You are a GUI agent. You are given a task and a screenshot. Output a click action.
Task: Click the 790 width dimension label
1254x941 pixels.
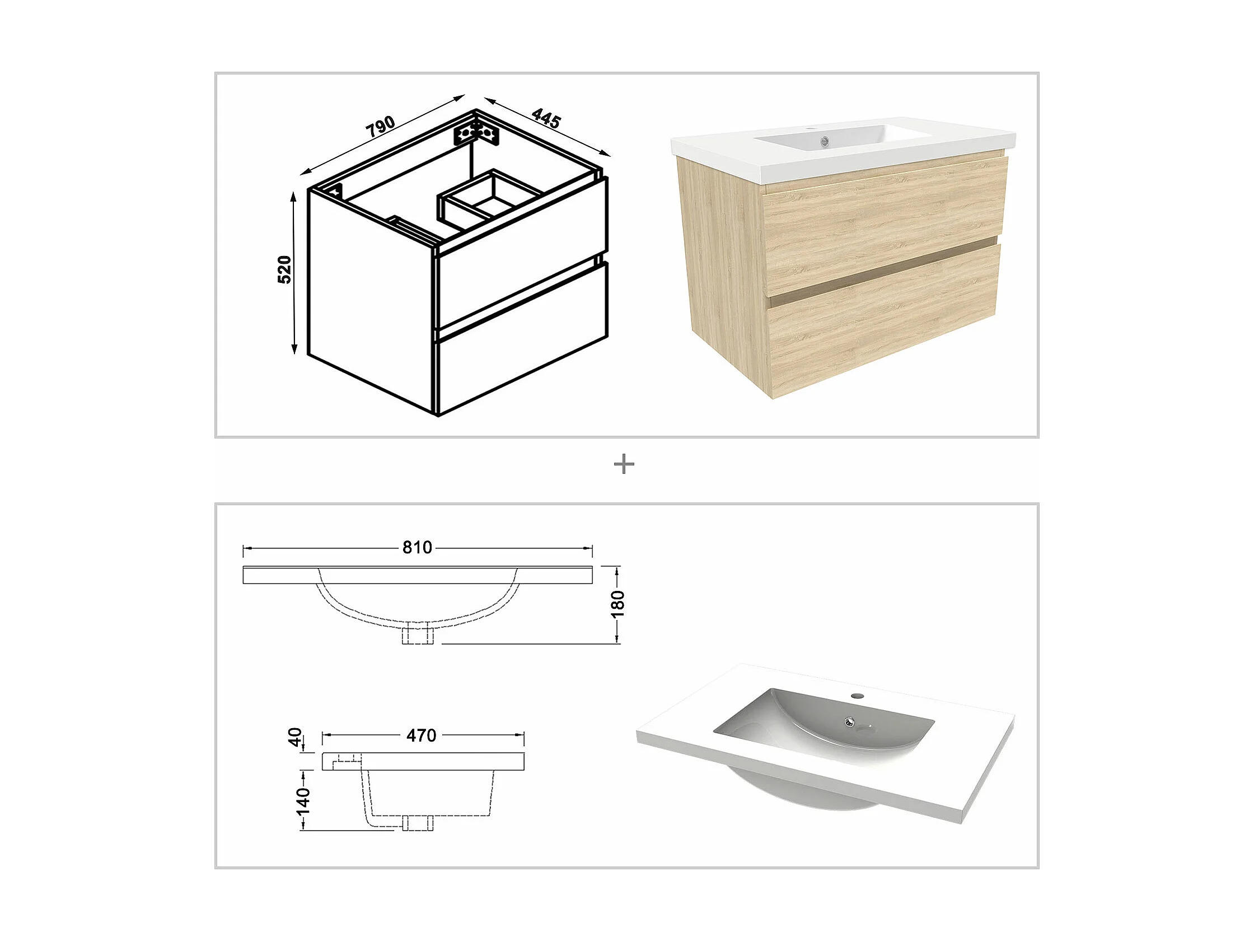[x=380, y=127]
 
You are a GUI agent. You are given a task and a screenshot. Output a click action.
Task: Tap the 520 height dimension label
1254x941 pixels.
[x=284, y=269]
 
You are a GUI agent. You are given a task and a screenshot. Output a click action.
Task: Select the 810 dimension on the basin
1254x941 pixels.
[x=417, y=547]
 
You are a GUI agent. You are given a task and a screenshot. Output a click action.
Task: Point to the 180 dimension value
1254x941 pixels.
[x=618, y=603]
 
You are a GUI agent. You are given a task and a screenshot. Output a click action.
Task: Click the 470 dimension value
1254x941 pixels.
[x=421, y=735]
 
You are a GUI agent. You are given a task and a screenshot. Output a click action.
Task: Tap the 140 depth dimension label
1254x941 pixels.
[x=303, y=800]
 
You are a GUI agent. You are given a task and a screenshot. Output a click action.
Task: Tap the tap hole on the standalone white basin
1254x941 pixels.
[x=858, y=695]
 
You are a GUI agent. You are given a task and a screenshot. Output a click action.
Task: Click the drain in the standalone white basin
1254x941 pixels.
[x=849, y=721]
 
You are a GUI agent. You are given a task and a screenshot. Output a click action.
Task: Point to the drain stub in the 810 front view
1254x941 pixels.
[x=417, y=636]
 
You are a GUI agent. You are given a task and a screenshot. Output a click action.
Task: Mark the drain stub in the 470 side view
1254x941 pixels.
[x=418, y=822]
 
